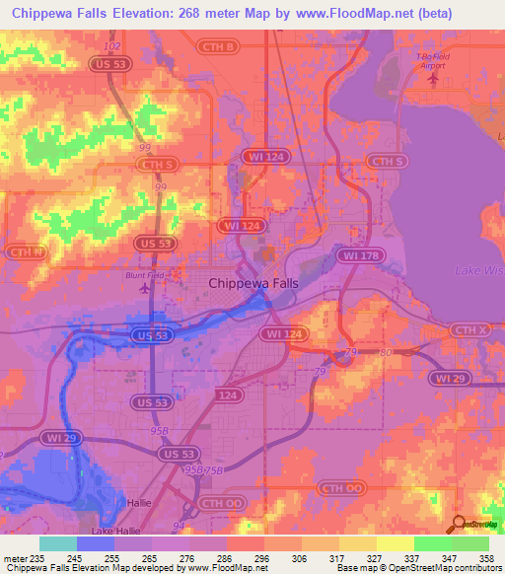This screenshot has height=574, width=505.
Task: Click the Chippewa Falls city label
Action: point(252,283)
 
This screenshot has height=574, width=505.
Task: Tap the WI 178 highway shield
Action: point(356,255)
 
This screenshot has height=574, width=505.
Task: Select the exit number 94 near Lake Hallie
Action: point(178,526)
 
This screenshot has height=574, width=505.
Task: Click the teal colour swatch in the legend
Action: point(57,543)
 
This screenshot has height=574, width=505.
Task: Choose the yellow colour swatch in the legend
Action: point(396,543)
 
